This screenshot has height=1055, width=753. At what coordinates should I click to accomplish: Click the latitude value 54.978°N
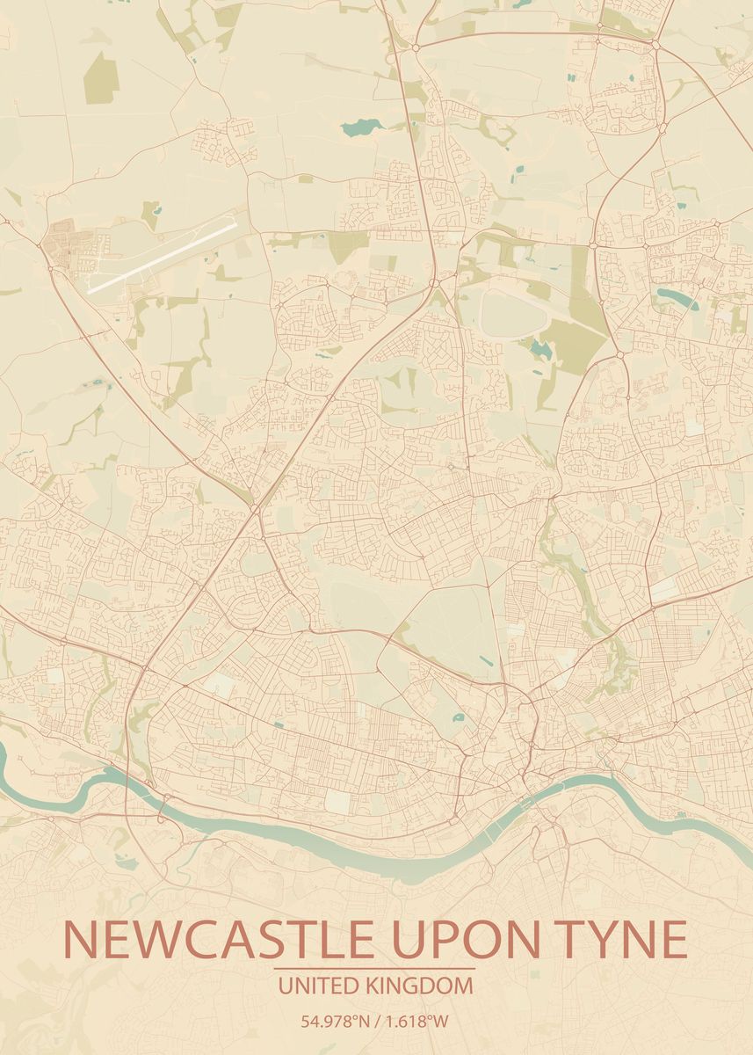(x=335, y=1022)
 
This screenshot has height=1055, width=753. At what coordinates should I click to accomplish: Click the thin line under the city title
(x=376, y=969)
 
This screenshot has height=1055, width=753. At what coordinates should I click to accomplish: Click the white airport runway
(x=163, y=256)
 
